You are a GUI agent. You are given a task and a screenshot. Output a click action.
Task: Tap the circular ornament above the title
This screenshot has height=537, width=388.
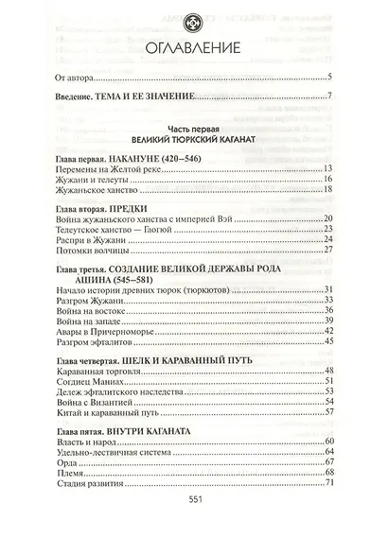194,17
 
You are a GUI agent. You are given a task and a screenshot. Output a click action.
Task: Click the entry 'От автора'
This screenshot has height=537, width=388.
83,78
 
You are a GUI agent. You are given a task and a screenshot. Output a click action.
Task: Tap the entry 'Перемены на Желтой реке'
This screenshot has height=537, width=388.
111,166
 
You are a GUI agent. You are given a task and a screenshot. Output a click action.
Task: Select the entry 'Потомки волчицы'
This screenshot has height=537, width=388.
97,251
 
